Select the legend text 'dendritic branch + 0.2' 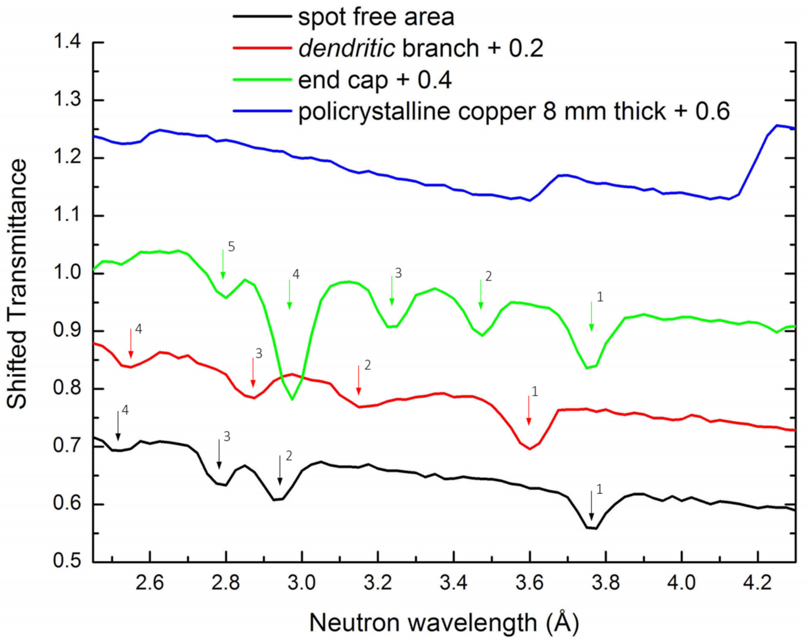[421, 48]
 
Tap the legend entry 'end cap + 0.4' [375, 80]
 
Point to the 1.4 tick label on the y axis [67, 42]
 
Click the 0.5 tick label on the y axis [67, 561]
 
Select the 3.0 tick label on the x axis [302, 584]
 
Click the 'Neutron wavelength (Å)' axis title [444, 623]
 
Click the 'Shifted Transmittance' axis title [18, 284]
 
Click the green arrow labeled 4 [289, 294]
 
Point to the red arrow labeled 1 [529, 410]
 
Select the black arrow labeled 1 [591, 506]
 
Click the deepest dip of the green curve [292, 399]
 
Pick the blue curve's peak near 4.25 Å [777, 125]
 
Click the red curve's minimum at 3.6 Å [529, 449]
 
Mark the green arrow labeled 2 [481, 294]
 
